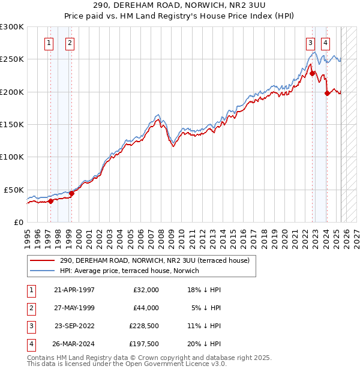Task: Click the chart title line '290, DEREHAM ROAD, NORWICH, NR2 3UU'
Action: click(x=180, y=5)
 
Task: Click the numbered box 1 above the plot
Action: click(x=48, y=43)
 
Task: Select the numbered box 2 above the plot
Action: click(x=70, y=43)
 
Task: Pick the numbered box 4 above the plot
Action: click(x=325, y=43)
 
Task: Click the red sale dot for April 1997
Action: click(x=50, y=201)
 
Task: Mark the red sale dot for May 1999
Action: click(x=71, y=193)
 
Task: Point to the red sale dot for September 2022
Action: click(x=312, y=73)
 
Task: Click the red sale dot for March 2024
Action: click(x=327, y=93)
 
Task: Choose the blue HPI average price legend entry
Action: click(x=129, y=271)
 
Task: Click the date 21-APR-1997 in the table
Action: click(x=74, y=290)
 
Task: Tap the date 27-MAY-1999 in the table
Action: click(x=74, y=308)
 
